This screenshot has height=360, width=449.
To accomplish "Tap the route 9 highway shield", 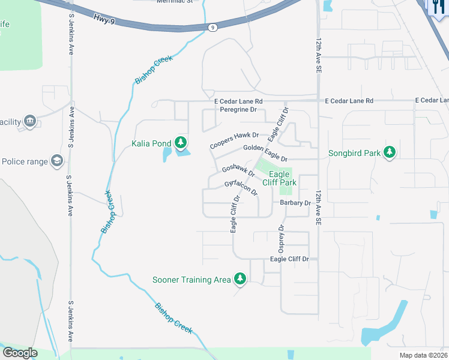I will click(x=212, y=27).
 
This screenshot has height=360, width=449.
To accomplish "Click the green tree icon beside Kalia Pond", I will click(x=181, y=143).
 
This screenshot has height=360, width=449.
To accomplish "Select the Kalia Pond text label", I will click(x=152, y=143).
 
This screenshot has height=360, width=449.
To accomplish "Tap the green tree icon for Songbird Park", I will click(x=390, y=152).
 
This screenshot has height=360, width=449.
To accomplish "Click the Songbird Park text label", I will click(x=354, y=153).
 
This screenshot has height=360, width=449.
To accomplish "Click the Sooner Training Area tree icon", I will click(x=240, y=279).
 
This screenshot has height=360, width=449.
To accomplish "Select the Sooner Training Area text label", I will click(x=191, y=280).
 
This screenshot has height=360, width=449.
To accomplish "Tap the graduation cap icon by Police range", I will click(x=57, y=161).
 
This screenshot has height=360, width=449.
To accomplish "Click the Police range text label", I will click(x=25, y=161).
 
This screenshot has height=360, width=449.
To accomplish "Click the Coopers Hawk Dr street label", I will click(x=234, y=141).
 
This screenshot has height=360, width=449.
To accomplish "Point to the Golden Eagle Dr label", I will click(x=265, y=153).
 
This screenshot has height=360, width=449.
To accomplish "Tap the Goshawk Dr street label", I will click(x=238, y=172).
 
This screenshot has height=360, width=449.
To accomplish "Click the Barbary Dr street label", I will click(x=295, y=203).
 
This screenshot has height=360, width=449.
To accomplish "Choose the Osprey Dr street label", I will click(x=280, y=238).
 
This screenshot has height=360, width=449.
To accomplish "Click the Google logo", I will click(x=20, y=353).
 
